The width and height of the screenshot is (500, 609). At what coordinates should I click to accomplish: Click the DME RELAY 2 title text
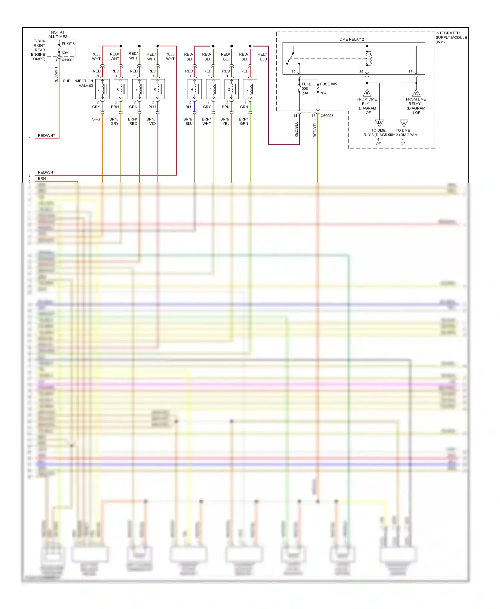pos(351,39)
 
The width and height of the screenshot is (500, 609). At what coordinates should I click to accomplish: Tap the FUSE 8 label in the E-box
pos(68,44)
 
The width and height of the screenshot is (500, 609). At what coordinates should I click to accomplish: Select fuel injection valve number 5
pos(102,89)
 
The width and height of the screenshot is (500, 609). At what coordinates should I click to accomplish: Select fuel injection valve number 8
pos(158,89)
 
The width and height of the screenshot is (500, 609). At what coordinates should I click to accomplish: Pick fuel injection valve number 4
pos(195,89)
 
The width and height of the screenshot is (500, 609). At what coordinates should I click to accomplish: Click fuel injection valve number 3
pos(250,89)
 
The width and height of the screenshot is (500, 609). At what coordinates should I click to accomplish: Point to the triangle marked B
pos(367,93)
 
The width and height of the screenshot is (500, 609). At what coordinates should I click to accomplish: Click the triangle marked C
pos(416,93)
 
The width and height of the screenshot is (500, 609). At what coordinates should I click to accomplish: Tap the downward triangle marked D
pos(379,123)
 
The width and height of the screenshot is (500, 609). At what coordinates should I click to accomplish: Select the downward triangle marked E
pos(404,123)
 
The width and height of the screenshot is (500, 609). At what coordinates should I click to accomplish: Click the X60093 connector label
pos(327,116)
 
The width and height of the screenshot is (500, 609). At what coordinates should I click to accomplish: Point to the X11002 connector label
pos(68,60)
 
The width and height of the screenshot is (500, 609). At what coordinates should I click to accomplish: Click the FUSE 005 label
pos(328,84)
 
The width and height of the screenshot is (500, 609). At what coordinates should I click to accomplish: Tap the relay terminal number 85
pos(361,72)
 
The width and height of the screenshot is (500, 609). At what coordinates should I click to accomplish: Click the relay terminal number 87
pos(410,72)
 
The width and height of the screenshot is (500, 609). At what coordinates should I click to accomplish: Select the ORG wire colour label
pos(96,119)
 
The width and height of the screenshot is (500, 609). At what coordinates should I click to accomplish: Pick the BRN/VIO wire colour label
pos(151,121)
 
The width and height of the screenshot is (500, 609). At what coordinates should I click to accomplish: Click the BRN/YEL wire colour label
pos(225,121)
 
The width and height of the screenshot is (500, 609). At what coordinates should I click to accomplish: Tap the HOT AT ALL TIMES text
pos(58,35)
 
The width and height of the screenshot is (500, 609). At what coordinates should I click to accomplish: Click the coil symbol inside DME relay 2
pos(368,59)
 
